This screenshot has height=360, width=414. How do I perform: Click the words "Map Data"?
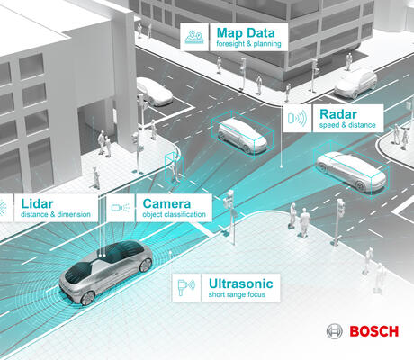pyautogui.click(x=246, y=33)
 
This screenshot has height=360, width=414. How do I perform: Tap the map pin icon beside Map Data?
pyautogui.click(x=194, y=37)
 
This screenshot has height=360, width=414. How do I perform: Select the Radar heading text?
pyautogui.click(x=338, y=114)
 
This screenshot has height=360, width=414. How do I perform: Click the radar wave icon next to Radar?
pyautogui.click(x=297, y=118)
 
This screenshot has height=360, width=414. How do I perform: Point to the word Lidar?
pyautogui.click(x=37, y=204)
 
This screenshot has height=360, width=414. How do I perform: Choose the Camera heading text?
pyautogui.click(x=166, y=204)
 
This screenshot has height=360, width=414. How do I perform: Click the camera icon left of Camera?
pyautogui.click(x=121, y=208)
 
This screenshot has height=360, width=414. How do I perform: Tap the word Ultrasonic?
pyautogui.click(x=240, y=283)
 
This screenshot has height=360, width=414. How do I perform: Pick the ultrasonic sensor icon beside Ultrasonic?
pyautogui.click(x=186, y=287)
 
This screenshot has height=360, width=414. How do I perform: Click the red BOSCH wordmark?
pyautogui.click(x=374, y=331)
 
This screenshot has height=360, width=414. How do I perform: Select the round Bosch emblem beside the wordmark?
pyautogui.click(x=335, y=331)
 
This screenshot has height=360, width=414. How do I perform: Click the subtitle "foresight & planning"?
pyautogui.click(x=248, y=44)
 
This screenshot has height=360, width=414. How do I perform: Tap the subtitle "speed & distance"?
pyautogui.click(x=347, y=125)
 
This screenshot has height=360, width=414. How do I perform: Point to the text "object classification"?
pyautogui.click(x=175, y=214)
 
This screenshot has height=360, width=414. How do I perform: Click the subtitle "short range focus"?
pyautogui.click(x=237, y=294)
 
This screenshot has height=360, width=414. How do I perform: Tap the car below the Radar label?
pyautogui.click(x=351, y=170)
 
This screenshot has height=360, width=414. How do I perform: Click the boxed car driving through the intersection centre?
pyautogui.click(x=242, y=135)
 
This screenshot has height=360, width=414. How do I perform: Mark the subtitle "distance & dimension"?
pyautogui.click(x=56, y=214)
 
